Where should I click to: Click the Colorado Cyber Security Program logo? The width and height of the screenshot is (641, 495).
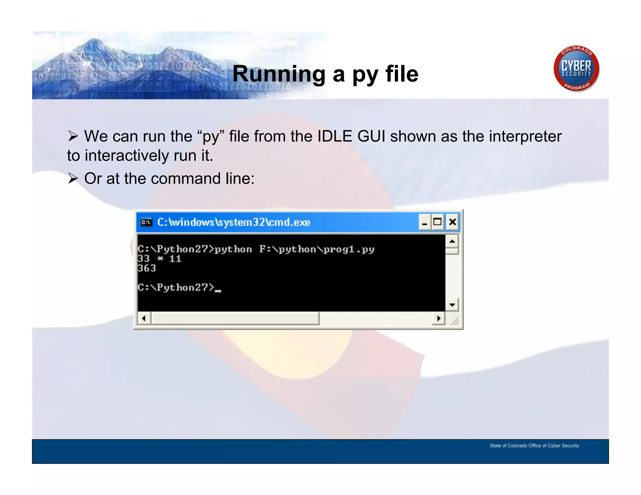click(576, 69)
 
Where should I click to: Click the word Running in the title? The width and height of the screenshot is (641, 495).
click(279, 74)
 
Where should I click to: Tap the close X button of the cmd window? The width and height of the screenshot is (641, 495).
click(452, 222)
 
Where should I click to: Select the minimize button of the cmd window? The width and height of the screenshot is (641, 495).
click(425, 222)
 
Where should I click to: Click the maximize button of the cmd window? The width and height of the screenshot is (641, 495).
click(438, 222)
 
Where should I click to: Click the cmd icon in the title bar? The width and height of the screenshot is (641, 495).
click(146, 222)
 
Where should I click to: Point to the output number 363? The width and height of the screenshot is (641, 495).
click(147, 268)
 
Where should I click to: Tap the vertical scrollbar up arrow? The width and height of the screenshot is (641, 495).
click(452, 241)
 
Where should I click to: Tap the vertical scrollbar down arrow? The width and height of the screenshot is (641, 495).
click(452, 305)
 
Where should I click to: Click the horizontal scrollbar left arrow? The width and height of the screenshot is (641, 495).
click(144, 319)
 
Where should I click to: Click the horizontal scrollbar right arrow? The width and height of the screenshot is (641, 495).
click(438, 319)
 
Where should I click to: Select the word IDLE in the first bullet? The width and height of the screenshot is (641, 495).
click(335, 136)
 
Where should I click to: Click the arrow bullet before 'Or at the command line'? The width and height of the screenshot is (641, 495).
click(73, 179)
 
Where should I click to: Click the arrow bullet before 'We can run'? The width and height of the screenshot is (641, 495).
click(73, 136)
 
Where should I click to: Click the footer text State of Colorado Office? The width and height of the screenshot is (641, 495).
click(534, 446)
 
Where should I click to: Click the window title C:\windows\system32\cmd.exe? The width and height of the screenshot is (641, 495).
click(233, 222)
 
